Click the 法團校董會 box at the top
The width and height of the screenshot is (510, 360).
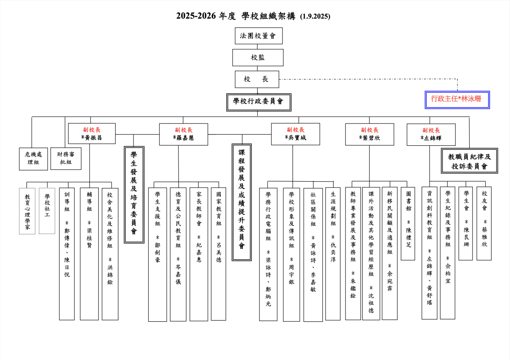[259, 36]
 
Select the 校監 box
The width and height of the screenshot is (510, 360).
[258, 57]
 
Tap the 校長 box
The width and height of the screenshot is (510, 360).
[257, 79]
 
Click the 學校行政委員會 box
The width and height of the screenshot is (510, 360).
[259, 102]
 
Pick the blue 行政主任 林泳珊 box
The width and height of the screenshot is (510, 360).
[457, 100]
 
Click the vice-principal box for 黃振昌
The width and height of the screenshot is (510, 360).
[92, 133]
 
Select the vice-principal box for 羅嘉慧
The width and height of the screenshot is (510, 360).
[183, 134]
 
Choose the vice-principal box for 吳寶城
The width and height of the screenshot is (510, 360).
[295, 134]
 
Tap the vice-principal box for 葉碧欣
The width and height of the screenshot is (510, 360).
[369, 134]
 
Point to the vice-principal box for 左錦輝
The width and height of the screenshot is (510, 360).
[431, 135]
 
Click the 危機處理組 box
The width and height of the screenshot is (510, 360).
[33, 158]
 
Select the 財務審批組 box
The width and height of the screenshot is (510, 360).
[66, 158]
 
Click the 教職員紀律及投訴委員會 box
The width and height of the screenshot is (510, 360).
[469, 161]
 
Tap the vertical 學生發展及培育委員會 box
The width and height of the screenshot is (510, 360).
[134, 194]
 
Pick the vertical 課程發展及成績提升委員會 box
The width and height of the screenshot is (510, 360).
[241, 202]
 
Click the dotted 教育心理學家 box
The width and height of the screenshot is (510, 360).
[27, 211]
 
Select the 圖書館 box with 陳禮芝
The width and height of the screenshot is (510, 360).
[408, 223]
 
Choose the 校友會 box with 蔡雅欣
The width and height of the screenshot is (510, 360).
[484, 223]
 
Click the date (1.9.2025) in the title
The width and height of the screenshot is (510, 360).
[315, 16]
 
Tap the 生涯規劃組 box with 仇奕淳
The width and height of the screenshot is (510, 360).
[333, 254]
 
